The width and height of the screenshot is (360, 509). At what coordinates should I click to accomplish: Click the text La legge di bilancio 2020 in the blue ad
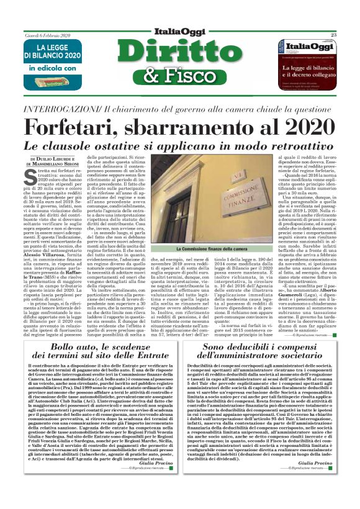pyautogui.click(x=48, y=53)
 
